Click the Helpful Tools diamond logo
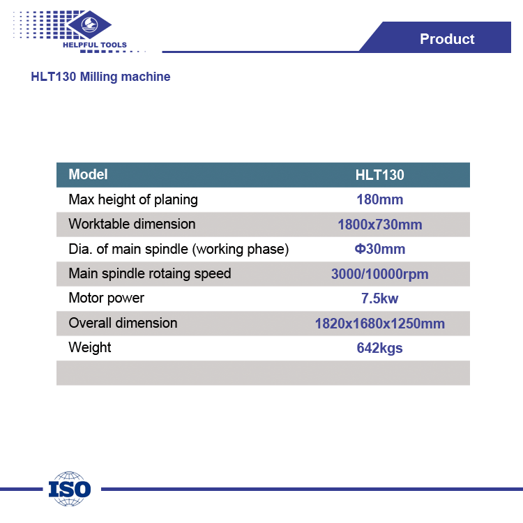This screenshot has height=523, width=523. coord(89,24)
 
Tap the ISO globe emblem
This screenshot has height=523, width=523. coord(69,489)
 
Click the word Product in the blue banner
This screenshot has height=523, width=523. coord(447,39)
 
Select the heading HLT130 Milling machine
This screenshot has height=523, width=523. coord(100,77)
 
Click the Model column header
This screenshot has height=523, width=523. coord(88,174)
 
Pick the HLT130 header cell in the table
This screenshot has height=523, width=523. coord(379,175)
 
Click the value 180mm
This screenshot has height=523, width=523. coord(379,200)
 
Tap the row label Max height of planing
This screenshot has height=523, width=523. coord(133,200)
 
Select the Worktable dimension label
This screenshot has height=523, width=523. coord(132,224)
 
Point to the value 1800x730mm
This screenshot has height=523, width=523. coord(379,225)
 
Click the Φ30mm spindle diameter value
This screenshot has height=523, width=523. coord(379,249)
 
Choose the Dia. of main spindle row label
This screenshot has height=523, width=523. coord(179,249)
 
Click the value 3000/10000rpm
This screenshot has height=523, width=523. coord(379,274)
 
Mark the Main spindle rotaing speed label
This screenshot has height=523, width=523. coord(150,274)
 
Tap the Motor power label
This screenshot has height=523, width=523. coord(107,298)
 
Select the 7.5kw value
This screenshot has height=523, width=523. coord(379,298)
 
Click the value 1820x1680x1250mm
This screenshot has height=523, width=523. coord(379,324)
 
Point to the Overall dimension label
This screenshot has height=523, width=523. coord(123,323)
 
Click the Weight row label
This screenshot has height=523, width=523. coord(90,347)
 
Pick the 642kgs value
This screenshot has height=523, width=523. coord(379,348)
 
